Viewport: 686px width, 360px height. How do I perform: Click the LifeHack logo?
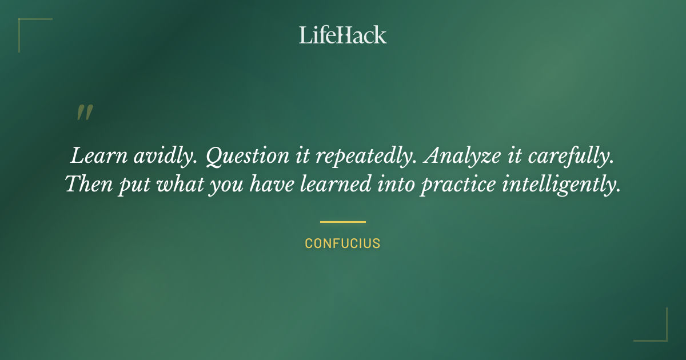pyautogui.click(x=343, y=35)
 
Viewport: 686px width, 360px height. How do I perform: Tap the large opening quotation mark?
pyautogui.click(x=84, y=113)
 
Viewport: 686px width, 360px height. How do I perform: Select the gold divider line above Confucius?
pyautogui.click(x=343, y=222)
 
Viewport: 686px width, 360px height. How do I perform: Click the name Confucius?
pyautogui.click(x=343, y=243)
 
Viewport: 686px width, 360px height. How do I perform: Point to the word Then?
pyautogui.click(x=89, y=185)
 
